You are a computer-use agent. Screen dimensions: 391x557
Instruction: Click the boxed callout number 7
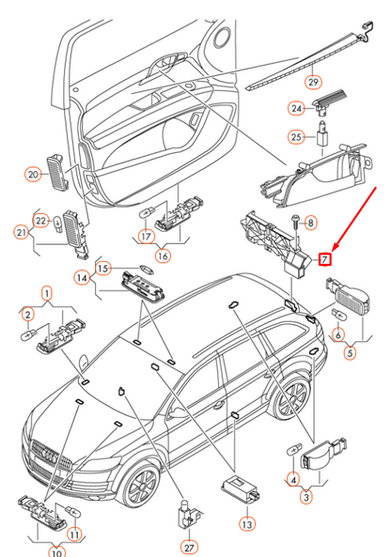[324, 259]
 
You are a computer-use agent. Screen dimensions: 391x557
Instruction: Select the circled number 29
[313, 82]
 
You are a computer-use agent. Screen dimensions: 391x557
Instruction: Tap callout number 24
[296, 108]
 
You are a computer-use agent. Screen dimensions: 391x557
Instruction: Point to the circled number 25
[296, 137]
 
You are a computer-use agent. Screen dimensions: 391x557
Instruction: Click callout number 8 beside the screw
[311, 224]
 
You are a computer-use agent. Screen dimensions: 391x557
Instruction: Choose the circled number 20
[33, 175]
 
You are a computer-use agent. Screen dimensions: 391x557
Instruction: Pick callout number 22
[40, 221]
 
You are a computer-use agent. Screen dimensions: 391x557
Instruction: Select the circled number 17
[146, 236]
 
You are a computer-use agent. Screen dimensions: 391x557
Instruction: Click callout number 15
[102, 269]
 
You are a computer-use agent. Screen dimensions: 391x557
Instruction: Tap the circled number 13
[247, 524]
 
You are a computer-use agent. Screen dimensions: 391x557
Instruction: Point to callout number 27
[189, 548]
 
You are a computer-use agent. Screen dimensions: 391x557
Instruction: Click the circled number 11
[74, 534]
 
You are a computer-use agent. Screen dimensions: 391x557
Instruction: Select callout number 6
[338, 334]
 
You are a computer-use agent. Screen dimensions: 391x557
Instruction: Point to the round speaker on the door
[223, 36]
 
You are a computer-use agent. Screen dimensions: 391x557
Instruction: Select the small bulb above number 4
[294, 449]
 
